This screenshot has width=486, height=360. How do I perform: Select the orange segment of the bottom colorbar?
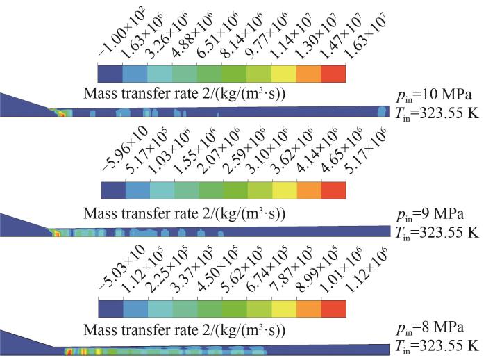click(x=308, y=309)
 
